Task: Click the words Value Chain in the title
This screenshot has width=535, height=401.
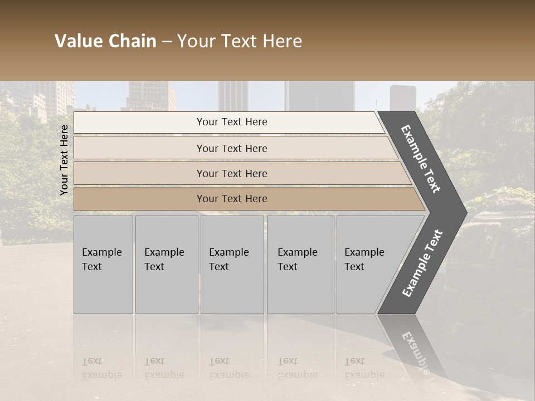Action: [105, 41]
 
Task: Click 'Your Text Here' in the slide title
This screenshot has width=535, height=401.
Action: [240, 41]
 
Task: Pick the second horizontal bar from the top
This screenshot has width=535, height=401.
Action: [231, 148]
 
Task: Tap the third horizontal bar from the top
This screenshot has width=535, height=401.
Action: [231, 173]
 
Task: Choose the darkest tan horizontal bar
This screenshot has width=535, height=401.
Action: [231, 199]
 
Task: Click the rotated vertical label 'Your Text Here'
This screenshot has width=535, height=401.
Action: [64, 160]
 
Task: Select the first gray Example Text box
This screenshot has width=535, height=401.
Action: [103, 265]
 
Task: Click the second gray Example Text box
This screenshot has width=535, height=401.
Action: [166, 265]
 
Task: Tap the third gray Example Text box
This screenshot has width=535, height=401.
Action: [231, 265]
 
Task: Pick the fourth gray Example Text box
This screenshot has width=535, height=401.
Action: [300, 265]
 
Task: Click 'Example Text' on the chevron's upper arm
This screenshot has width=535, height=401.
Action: [421, 159]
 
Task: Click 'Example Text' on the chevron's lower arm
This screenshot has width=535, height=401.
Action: [422, 263]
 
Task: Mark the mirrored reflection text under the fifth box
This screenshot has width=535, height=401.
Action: [364, 368]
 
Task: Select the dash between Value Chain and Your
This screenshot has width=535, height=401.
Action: [167, 42]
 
